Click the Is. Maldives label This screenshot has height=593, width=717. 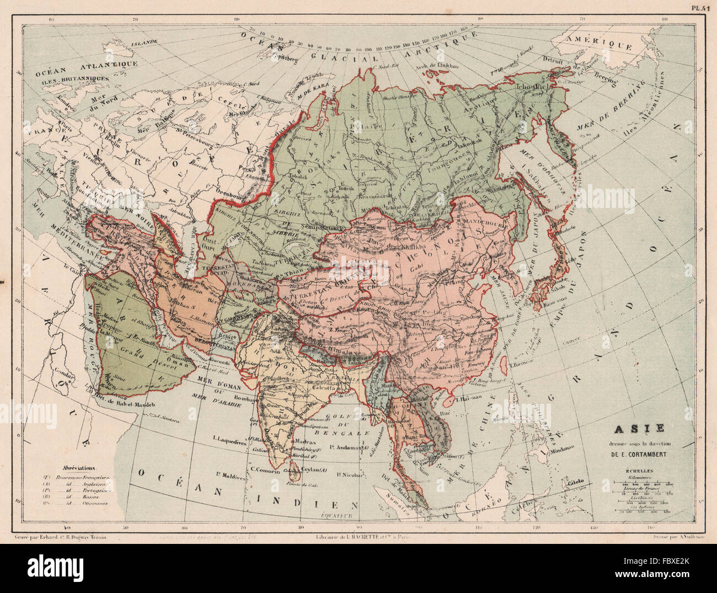(231, 474)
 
